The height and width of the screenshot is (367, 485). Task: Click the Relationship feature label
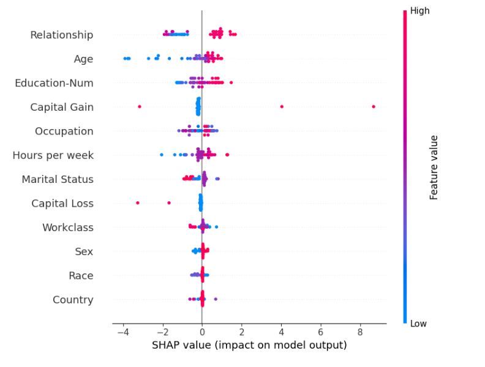62,35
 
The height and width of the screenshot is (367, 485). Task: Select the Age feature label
83,59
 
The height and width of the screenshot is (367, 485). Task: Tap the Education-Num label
54,83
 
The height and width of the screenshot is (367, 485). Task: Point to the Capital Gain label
62,107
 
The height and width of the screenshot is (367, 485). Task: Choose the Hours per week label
53,155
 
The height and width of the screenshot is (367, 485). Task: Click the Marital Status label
58,179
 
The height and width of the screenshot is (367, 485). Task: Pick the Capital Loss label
62,203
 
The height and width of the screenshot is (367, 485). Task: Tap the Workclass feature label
67,228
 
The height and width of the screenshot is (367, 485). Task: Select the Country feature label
73,300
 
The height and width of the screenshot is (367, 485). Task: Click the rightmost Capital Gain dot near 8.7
374,106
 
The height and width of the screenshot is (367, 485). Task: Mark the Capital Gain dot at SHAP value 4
282,106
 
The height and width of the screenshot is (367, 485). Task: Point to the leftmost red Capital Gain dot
140,106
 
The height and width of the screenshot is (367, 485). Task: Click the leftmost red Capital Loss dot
138,202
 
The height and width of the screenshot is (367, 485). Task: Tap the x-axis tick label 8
360,332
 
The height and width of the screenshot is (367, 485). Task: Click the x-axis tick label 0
202,332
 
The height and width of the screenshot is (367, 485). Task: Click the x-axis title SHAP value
249,345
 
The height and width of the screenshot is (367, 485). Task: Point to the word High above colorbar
419,11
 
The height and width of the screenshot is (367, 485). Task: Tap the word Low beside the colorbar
418,323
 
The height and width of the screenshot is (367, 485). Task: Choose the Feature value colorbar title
434,167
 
